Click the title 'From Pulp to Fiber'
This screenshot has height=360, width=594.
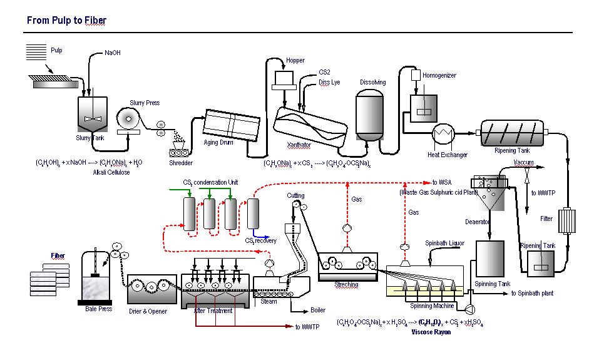pos(66,21)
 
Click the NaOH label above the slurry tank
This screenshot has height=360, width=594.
pos(113,53)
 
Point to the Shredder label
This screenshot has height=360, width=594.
pos(181,163)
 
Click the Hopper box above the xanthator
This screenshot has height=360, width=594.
pos(285,78)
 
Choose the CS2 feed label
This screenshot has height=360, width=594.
pos(325,72)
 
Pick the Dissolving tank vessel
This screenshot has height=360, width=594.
pos(370,113)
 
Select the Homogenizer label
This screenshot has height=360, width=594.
pos(439,76)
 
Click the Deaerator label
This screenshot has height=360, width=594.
pos(478,222)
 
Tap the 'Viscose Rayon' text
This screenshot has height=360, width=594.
pos(431,332)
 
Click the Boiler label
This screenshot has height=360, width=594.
pos(318,310)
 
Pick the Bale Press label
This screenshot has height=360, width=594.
pos(98,309)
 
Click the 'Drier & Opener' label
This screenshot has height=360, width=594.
pos(148,311)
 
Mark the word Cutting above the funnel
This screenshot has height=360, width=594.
pos(296,195)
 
